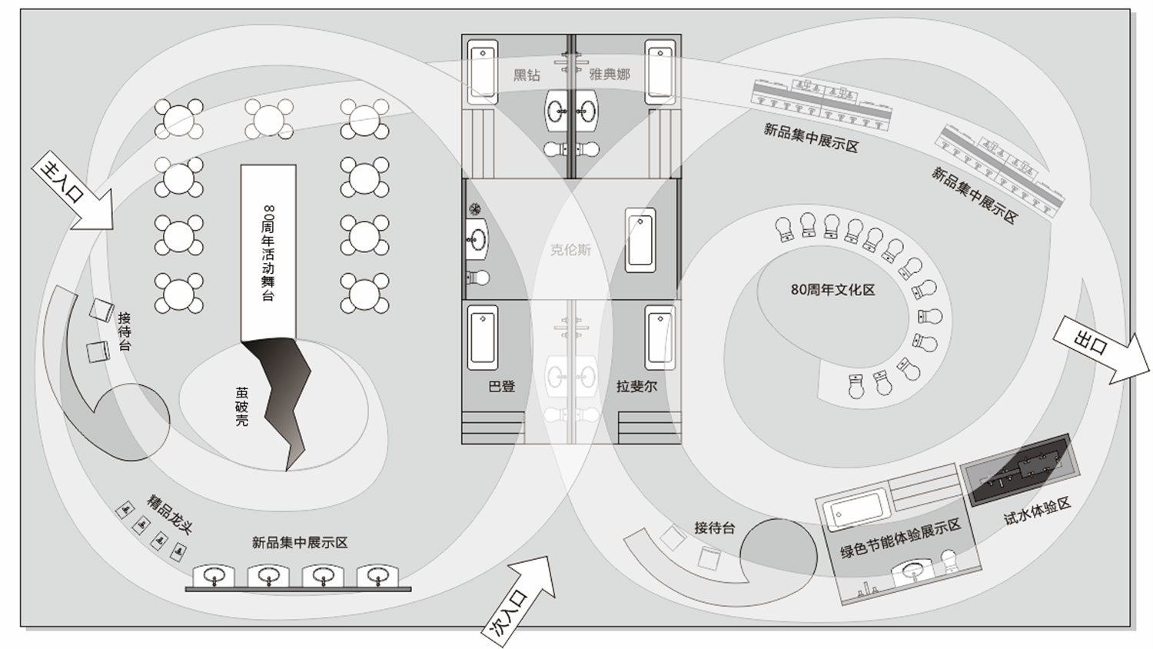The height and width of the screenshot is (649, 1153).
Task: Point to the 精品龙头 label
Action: pos(169,514)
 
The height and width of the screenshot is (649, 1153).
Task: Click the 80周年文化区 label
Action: pos(832,290)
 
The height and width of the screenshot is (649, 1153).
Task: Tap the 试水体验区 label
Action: pos(1037,511)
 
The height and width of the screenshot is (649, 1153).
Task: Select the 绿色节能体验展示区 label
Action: pos(900,538)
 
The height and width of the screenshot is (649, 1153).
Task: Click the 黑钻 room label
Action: pos(527,75)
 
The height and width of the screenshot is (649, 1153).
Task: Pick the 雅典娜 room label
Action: pos(610,75)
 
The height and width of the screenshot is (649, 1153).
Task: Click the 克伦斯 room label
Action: pos(570,250)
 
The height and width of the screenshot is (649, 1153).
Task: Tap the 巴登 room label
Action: pos(501,386)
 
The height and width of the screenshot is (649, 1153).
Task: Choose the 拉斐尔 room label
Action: pos(636,386)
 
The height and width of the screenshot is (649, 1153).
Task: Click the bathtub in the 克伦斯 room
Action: pos(640,239)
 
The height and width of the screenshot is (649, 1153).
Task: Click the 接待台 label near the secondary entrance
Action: pos(714,528)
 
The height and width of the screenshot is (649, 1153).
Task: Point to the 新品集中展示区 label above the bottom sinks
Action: pos(300,543)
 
